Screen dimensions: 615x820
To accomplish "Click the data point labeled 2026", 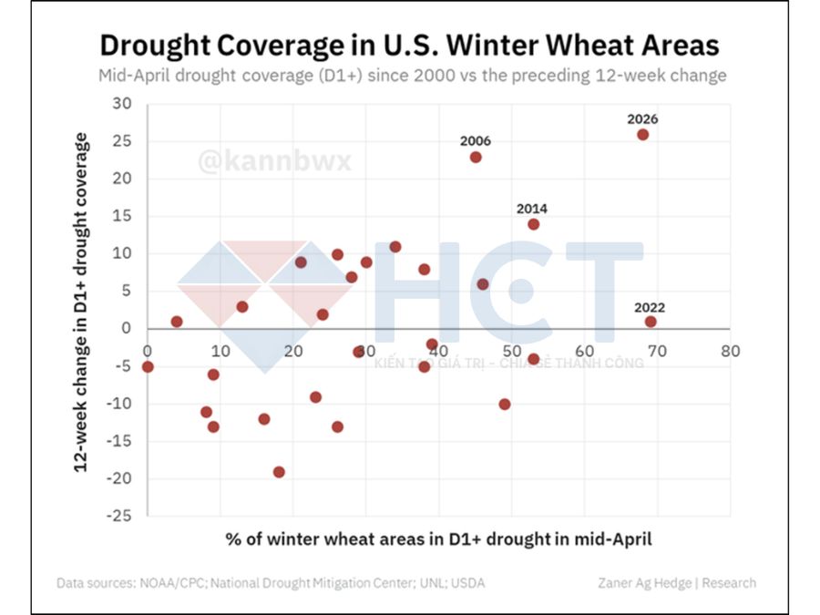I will click(x=642, y=134).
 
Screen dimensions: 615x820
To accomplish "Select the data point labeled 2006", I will click(x=476, y=157).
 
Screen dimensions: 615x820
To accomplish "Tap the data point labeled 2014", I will click(x=533, y=224).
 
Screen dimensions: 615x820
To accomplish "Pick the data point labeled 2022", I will click(x=650, y=322).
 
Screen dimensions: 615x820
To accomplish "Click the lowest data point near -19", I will click(x=279, y=472).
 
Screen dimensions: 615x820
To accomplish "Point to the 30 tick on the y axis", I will click(x=122, y=104).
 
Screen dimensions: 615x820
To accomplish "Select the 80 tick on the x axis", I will click(x=729, y=351).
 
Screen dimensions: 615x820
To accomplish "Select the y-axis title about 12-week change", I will click(x=81, y=302).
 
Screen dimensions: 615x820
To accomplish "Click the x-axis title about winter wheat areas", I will click(x=438, y=538).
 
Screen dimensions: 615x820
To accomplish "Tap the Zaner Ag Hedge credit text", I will click(x=676, y=583).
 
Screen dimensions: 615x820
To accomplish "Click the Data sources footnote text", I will click(x=271, y=583).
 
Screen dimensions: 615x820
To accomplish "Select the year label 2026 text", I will click(x=642, y=118).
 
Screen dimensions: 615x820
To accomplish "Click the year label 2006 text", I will click(x=476, y=141).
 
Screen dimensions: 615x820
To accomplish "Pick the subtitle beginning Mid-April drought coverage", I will click(x=412, y=76).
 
